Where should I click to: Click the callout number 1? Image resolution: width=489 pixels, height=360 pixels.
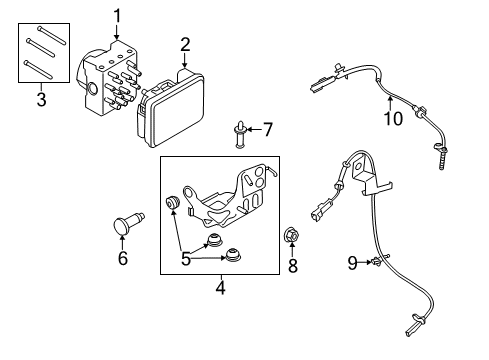117,14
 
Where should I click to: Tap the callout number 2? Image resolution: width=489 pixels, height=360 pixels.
185,44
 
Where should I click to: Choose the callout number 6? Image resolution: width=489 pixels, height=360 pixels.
123,259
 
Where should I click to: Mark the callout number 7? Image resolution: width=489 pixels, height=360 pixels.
267,129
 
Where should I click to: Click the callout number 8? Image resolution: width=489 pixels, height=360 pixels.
293,265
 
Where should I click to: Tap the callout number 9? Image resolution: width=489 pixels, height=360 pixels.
352,263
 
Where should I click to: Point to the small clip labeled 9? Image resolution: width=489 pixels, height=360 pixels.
370,262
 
